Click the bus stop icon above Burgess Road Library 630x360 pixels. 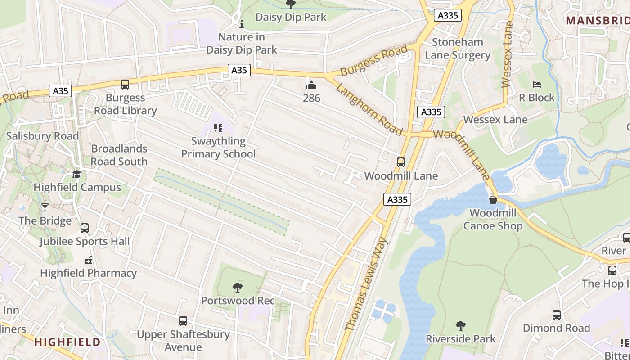[125, 84]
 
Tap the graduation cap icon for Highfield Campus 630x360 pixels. [76, 174]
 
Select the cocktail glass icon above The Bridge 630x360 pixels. [45, 207]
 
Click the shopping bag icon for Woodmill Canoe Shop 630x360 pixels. [493, 200]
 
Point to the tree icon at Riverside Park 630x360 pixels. [460, 325]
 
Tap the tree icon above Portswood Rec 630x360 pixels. [237, 287]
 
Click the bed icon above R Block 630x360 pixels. [536, 84]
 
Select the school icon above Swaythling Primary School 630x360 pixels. [218, 128]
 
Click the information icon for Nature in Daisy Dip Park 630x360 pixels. [241, 23]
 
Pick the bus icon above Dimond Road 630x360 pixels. [557, 315]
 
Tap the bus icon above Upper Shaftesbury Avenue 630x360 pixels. [183, 321]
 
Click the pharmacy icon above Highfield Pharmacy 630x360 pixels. [88, 260]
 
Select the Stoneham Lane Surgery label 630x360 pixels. [458, 49]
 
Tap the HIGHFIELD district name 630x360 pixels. [67, 342]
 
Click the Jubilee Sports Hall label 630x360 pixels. [85, 241]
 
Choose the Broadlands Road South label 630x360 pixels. [119, 155]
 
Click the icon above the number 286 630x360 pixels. [311, 85]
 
